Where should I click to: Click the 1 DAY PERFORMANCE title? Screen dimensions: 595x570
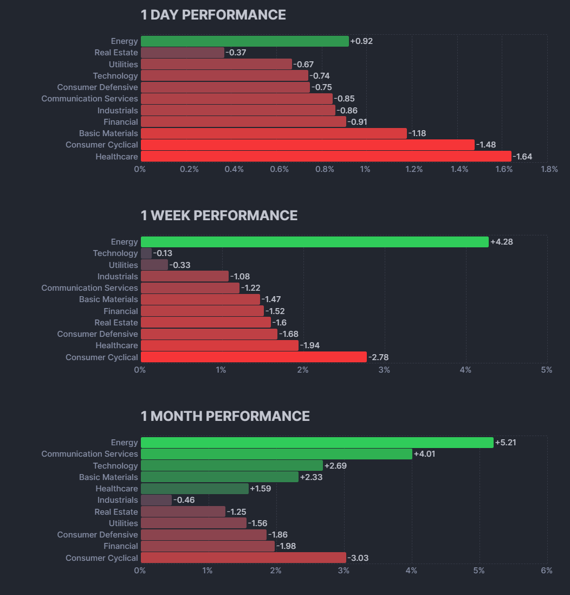pos(213,15)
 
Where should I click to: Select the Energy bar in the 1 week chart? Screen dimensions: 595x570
pos(314,242)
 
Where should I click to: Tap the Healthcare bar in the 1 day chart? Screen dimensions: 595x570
pos(326,157)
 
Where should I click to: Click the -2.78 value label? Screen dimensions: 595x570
pos(378,357)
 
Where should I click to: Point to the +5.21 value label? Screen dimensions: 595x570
pos(506,443)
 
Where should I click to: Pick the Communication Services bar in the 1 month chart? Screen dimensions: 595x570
pos(276,454)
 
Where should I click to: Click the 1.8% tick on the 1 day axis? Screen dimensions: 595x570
pos(549,169)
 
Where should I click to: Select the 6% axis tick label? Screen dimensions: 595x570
pos(546,571)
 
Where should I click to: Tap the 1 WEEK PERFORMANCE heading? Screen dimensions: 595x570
pos(219,216)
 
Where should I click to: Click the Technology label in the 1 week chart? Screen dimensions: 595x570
pos(115,253)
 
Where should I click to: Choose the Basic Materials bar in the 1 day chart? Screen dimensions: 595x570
pos(274,133)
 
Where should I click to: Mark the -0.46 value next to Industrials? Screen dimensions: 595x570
pos(184,500)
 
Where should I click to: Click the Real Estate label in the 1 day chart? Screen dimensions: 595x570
pos(116,53)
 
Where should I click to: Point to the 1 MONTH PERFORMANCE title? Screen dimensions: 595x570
pos(225,417)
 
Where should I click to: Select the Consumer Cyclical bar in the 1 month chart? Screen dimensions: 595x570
pos(243,558)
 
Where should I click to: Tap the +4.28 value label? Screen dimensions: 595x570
pos(501,242)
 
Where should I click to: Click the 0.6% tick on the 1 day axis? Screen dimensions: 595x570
pos(279,169)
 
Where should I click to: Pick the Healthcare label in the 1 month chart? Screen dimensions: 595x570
pos(116,489)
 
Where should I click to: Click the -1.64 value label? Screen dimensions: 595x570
pos(522,157)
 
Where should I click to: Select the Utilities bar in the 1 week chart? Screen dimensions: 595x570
pos(154,265)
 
